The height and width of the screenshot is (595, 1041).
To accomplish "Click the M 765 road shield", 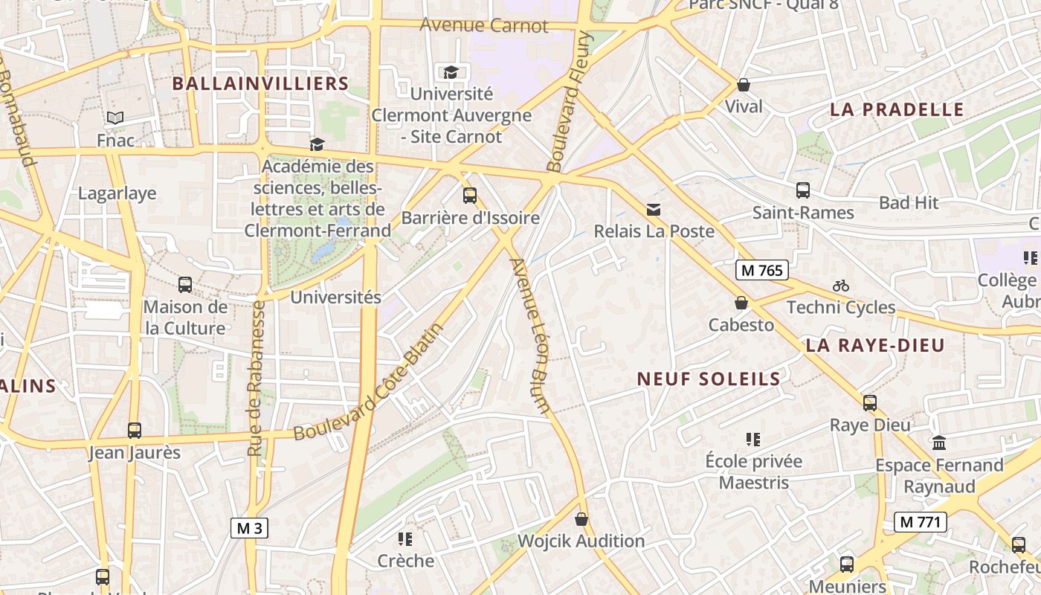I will [x=762, y=270].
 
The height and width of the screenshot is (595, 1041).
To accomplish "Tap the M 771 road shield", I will [x=920, y=521].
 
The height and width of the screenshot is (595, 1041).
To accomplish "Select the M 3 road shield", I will [x=249, y=528].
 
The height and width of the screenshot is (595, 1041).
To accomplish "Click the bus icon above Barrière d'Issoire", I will [x=470, y=196].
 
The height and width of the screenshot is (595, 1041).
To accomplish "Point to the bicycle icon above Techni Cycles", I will [x=841, y=286].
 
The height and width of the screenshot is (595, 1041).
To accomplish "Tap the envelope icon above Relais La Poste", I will [x=654, y=210].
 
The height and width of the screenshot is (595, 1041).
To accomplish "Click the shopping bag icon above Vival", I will [x=743, y=85].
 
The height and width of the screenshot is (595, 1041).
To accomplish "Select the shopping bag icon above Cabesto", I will [x=741, y=303].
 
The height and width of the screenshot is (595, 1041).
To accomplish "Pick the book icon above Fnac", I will [x=115, y=118].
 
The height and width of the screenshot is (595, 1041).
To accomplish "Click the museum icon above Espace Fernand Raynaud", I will [x=939, y=443].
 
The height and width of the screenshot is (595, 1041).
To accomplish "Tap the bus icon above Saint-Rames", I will [x=803, y=190].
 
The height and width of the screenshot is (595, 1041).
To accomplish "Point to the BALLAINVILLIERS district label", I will [x=260, y=83].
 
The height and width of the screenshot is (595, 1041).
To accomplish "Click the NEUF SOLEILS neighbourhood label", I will [x=709, y=379].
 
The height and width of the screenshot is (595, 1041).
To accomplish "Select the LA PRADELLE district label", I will [x=897, y=109].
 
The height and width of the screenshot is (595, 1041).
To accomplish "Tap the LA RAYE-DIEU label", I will [x=875, y=345].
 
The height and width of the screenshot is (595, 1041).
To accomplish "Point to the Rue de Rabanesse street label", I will [x=257, y=378].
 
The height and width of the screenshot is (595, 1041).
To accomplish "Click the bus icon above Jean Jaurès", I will [x=135, y=431].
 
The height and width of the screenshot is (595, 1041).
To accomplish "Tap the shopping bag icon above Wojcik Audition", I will [x=581, y=519].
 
